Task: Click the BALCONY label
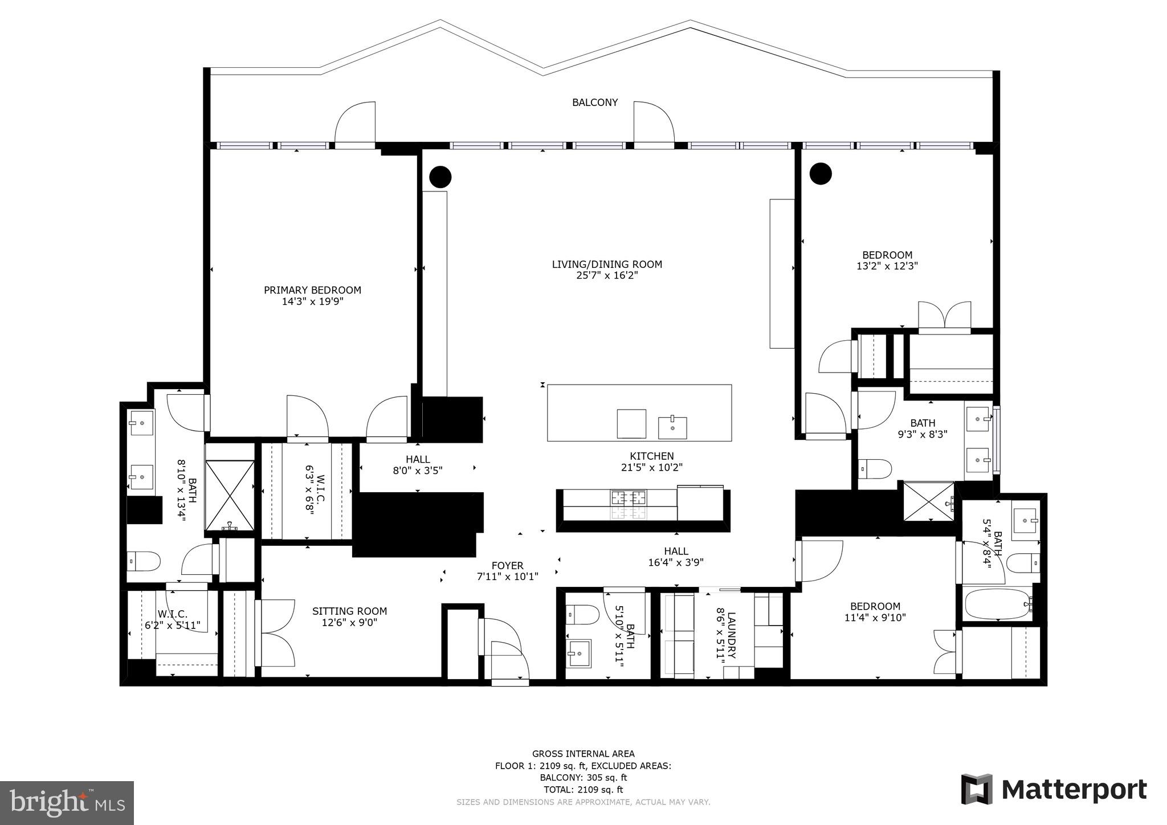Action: [595, 103]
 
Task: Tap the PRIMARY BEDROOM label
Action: [312, 290]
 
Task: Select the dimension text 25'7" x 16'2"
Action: [607, 276]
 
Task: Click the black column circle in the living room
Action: [440, 177]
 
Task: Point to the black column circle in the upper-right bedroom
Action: [821, 174]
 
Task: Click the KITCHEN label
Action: [652, 456]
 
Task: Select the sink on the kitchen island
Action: [672, 428]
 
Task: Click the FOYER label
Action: [507, 566]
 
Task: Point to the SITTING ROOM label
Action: [349, 611]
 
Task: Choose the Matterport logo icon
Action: [977, 789]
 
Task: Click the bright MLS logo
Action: [67, 803]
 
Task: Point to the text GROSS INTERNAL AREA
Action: [583, 754]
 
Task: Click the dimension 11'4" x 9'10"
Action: [875, 617]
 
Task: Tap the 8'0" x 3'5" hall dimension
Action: [418, 471]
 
